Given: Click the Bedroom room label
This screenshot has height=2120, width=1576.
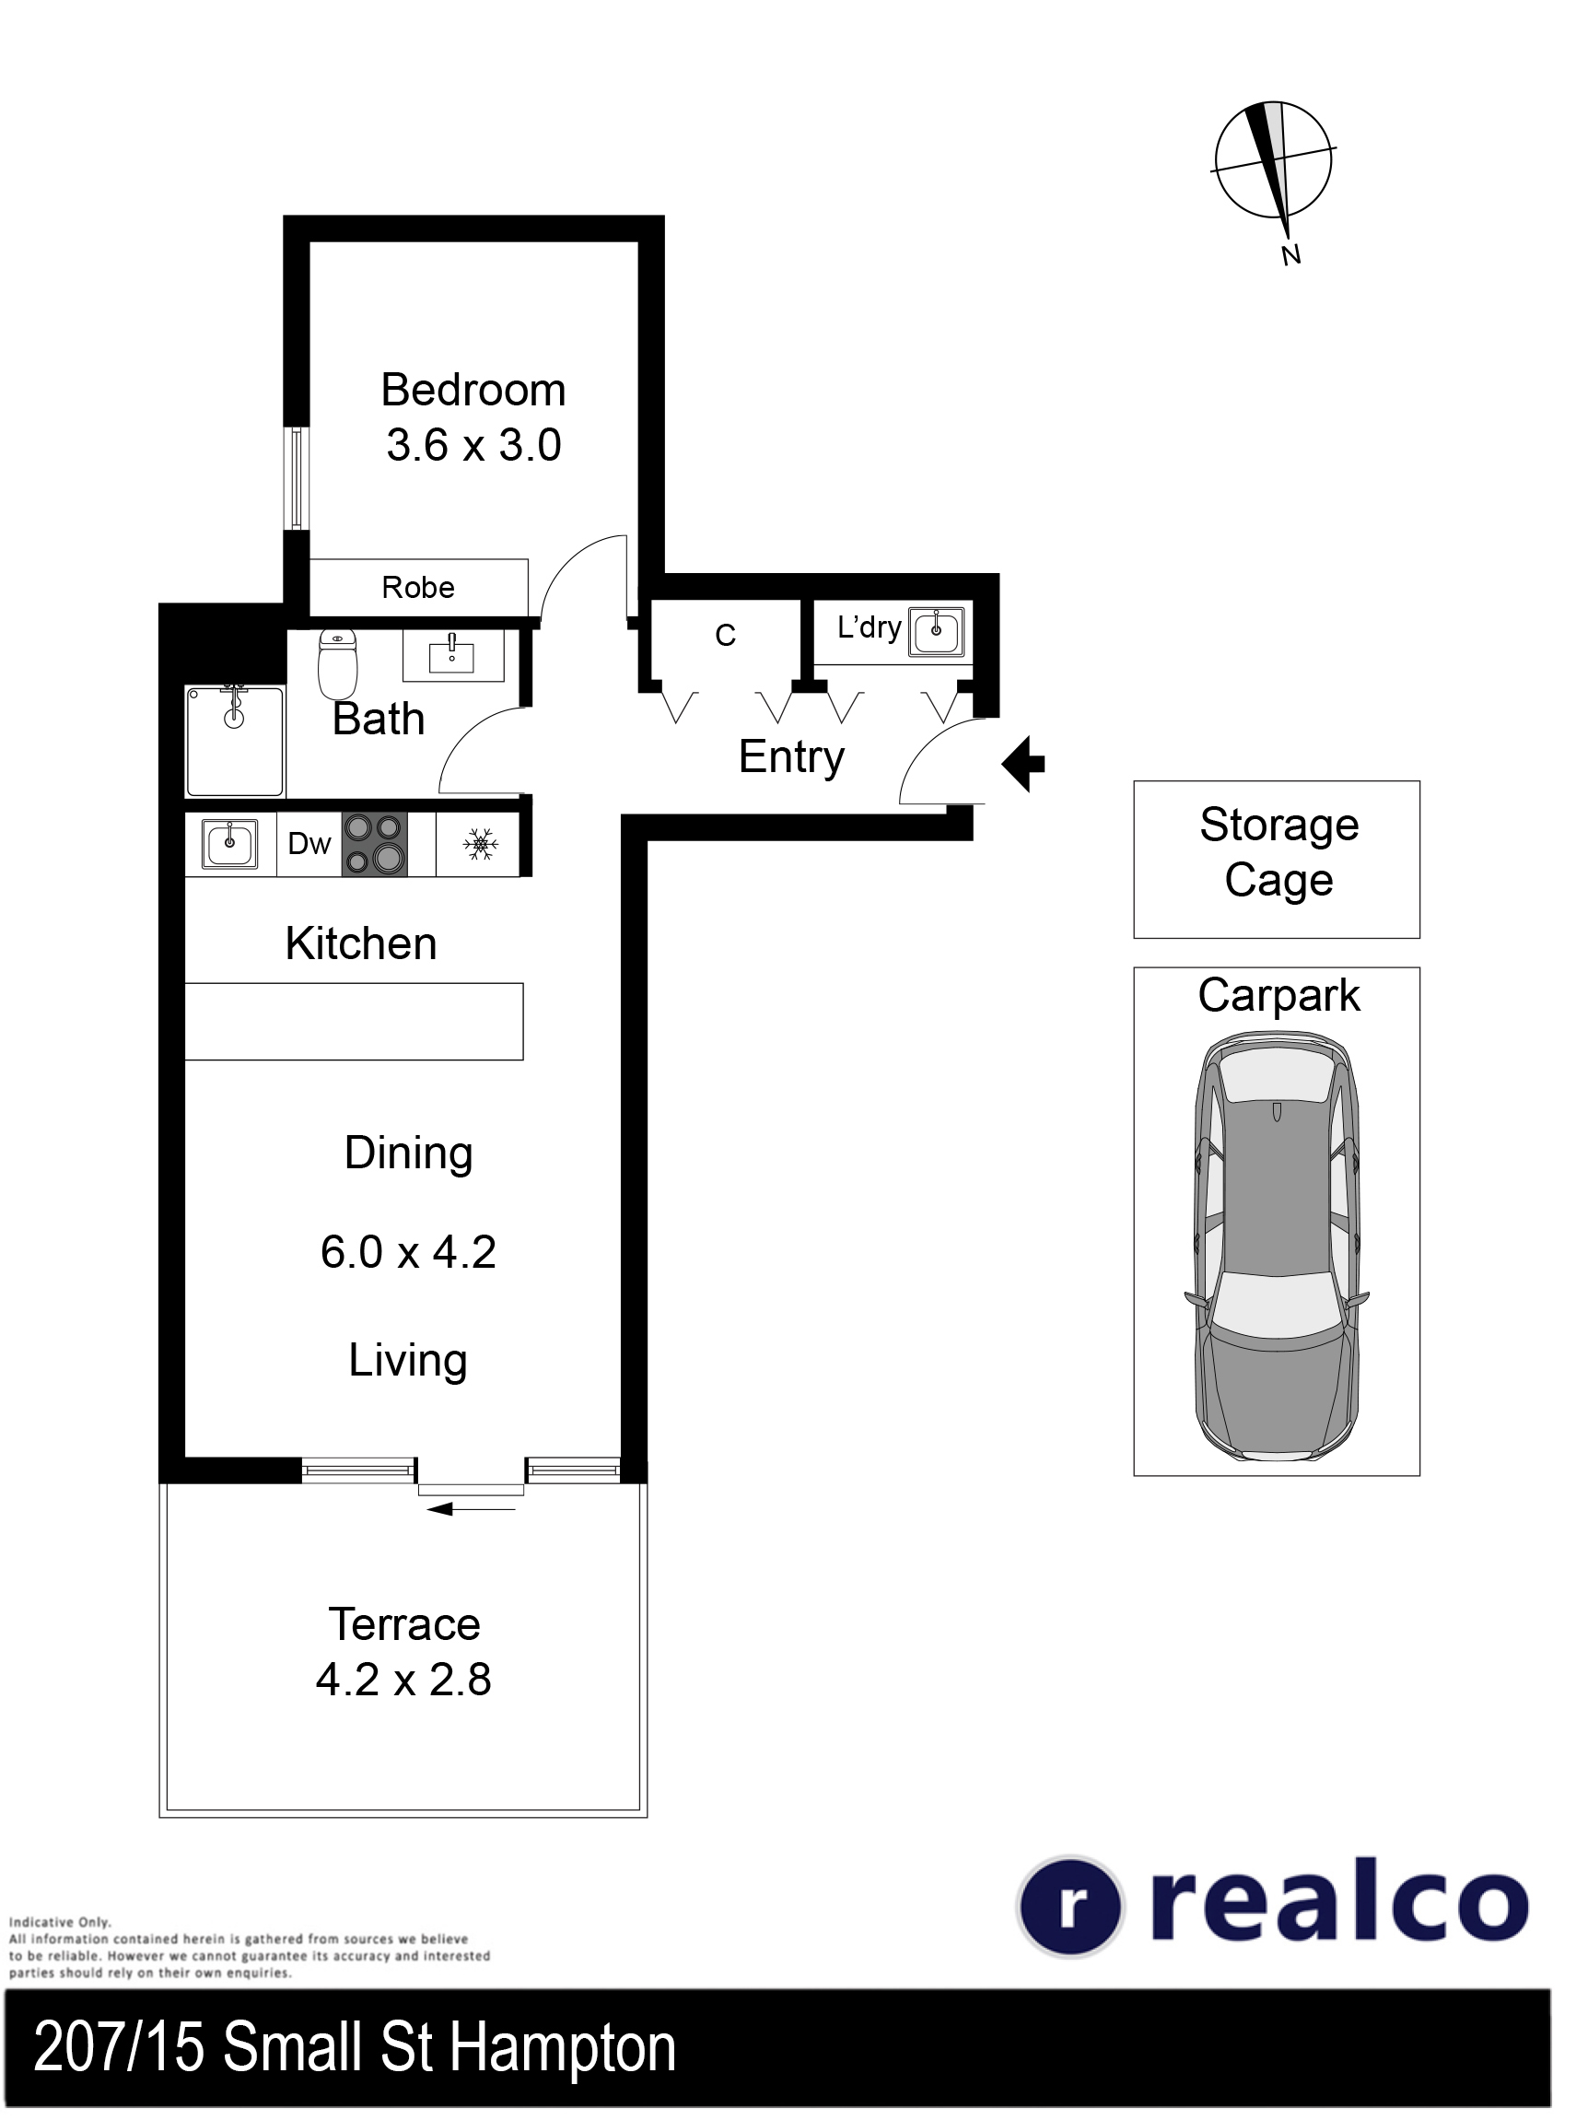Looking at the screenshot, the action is pos(473,391).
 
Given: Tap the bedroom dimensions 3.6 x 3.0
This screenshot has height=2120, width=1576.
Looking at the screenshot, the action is pos(474,446).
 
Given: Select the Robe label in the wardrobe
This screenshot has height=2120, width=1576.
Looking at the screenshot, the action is pos(418,588).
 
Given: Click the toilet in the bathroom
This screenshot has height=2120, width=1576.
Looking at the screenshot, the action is pos(338,664).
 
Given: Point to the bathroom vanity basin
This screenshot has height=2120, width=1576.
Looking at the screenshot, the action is pos(452,654).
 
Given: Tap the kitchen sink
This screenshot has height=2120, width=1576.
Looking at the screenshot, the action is pos(230,844).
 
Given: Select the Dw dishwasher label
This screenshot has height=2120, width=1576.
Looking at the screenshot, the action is pos(309,844).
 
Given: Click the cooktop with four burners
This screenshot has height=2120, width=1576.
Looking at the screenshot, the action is pos(375,844).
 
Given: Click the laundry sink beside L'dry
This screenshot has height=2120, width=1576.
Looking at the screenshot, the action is pos(937,632).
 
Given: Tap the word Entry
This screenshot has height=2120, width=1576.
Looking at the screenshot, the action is pos(792,758).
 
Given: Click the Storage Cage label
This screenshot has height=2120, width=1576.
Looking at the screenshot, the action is pos(1279,853).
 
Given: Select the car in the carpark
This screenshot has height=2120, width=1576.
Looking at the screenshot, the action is pos(1277,1251).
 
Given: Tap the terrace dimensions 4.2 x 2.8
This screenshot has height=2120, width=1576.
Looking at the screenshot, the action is pos(403,1681).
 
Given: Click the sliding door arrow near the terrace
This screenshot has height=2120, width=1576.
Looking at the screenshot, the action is pos(472,1509).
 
